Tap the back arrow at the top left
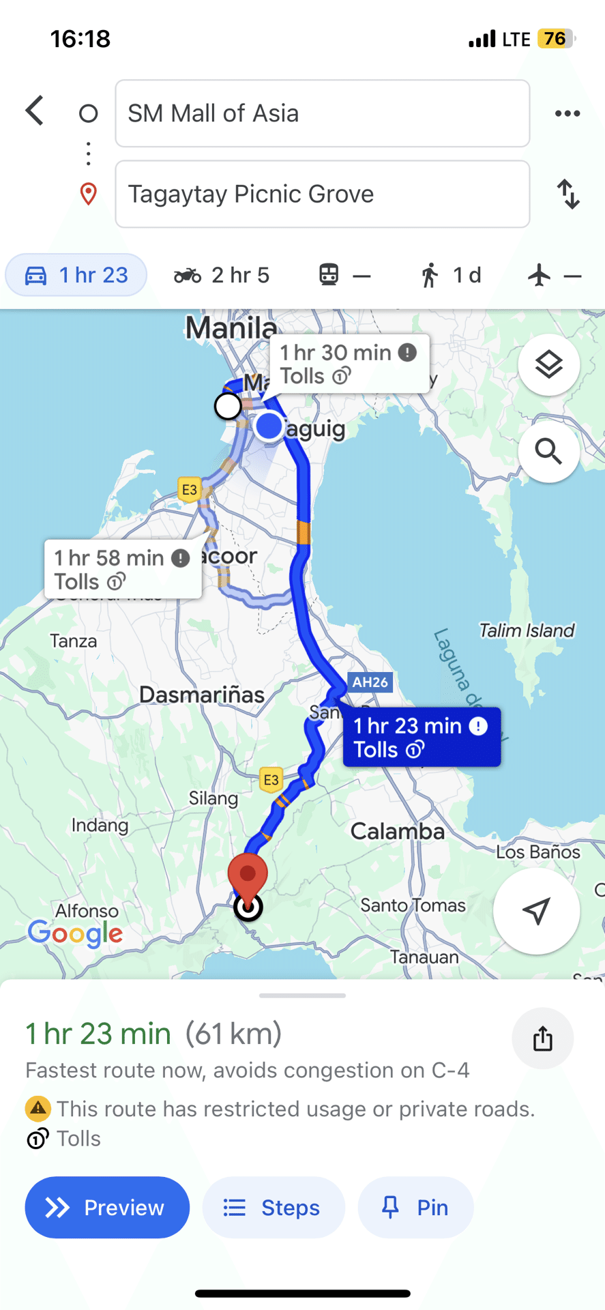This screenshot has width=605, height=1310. point(35,111)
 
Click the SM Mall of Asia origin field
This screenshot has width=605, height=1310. point(322,113)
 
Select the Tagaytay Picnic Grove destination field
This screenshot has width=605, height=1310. point(322,194)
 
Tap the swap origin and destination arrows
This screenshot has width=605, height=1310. point(568,194)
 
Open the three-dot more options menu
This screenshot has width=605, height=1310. point(567,113)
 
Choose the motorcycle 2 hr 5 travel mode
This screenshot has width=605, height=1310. point(222,276)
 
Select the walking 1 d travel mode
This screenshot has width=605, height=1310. point(450,276)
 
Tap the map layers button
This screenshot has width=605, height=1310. point(548,365)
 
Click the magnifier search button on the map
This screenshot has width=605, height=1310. point(548,452)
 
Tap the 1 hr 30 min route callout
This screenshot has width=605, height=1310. point(349,364)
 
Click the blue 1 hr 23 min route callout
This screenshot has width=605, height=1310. point(422,738)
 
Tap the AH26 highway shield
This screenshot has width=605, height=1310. point(370,682)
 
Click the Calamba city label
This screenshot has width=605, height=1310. point(397,831)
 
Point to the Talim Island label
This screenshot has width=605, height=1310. point(527,630)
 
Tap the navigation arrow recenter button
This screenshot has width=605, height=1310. point(537,911)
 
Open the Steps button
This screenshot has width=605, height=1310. point(274,1208)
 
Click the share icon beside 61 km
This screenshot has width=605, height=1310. point(542,1039)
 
